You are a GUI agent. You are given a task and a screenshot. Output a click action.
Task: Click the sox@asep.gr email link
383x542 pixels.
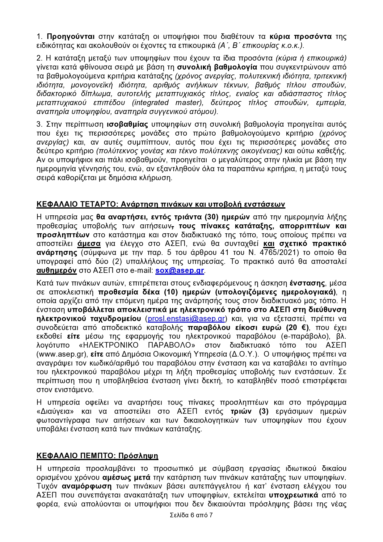coord(179,270)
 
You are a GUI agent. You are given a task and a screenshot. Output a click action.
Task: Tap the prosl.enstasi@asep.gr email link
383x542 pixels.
coord(186,319)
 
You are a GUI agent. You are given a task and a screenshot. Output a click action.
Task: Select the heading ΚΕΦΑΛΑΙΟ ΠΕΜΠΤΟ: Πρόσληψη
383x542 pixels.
coord(97,456)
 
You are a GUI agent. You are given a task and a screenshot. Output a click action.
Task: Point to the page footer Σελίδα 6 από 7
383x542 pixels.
coord(191,515)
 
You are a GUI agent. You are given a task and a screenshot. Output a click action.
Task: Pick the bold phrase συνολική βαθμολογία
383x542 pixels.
coord(217,67)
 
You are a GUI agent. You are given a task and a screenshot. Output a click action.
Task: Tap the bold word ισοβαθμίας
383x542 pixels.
coord(127,124)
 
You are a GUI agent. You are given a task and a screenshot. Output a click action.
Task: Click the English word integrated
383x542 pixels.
coord(151,103)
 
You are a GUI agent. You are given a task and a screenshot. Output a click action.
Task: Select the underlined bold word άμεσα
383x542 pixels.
coord(89,243)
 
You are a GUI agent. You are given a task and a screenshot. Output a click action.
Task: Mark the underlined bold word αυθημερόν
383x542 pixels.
coord(57,270)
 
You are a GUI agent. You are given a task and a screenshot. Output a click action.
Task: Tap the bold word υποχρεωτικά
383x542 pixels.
coord(293,495)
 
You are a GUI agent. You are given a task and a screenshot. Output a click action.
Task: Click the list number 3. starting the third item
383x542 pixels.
coord(39,124)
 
